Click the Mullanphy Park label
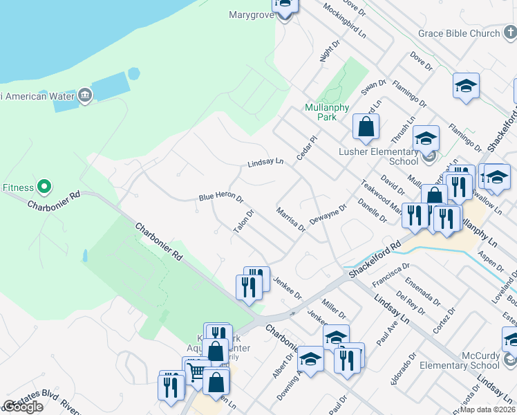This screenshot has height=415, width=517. (321, 112)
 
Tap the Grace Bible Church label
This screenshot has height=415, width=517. (459, 33)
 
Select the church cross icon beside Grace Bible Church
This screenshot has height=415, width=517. (509, 33)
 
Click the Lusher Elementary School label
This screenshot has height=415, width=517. (384, 156)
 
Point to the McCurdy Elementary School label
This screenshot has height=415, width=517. (458, 360)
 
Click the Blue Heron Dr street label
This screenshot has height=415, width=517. (221, 198)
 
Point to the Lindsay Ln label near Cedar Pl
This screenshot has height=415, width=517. (265, 163)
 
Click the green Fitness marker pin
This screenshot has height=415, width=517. (44, 187)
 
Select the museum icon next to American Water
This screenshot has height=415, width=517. (85, 95)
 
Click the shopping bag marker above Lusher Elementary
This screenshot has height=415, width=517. (366, 127)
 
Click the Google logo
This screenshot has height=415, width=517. (23, 407)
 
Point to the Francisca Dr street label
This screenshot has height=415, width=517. (391, 275)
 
